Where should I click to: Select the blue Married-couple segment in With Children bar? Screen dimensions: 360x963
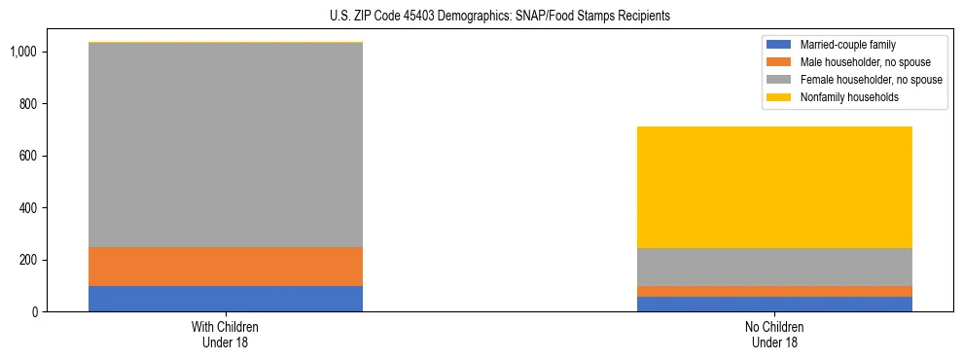tap(225, 299)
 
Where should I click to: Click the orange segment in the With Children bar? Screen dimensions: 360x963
tap(225, 267)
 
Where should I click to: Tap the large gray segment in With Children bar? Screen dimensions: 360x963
tap(225, 145)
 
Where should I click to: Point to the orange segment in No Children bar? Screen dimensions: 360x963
tap(774, 291)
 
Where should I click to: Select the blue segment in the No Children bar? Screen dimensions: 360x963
tap(774, 305)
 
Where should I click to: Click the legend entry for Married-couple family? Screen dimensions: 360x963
tap(846, 45)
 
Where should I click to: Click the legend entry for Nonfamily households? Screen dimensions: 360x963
tap(846, 97)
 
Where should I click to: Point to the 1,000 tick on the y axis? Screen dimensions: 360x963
tap(25, 52)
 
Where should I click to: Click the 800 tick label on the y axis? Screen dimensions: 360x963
tap(31, 104)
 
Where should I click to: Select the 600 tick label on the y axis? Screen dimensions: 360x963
tap(31, 156)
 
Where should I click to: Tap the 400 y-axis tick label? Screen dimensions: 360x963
tap(31, 208)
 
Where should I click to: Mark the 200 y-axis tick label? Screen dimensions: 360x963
tap(31, 260)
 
